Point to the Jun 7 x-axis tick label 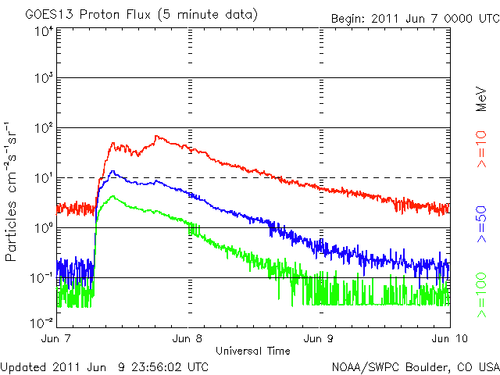point(58,339)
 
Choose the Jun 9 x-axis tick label point(320,339)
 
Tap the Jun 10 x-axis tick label point(448,339)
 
